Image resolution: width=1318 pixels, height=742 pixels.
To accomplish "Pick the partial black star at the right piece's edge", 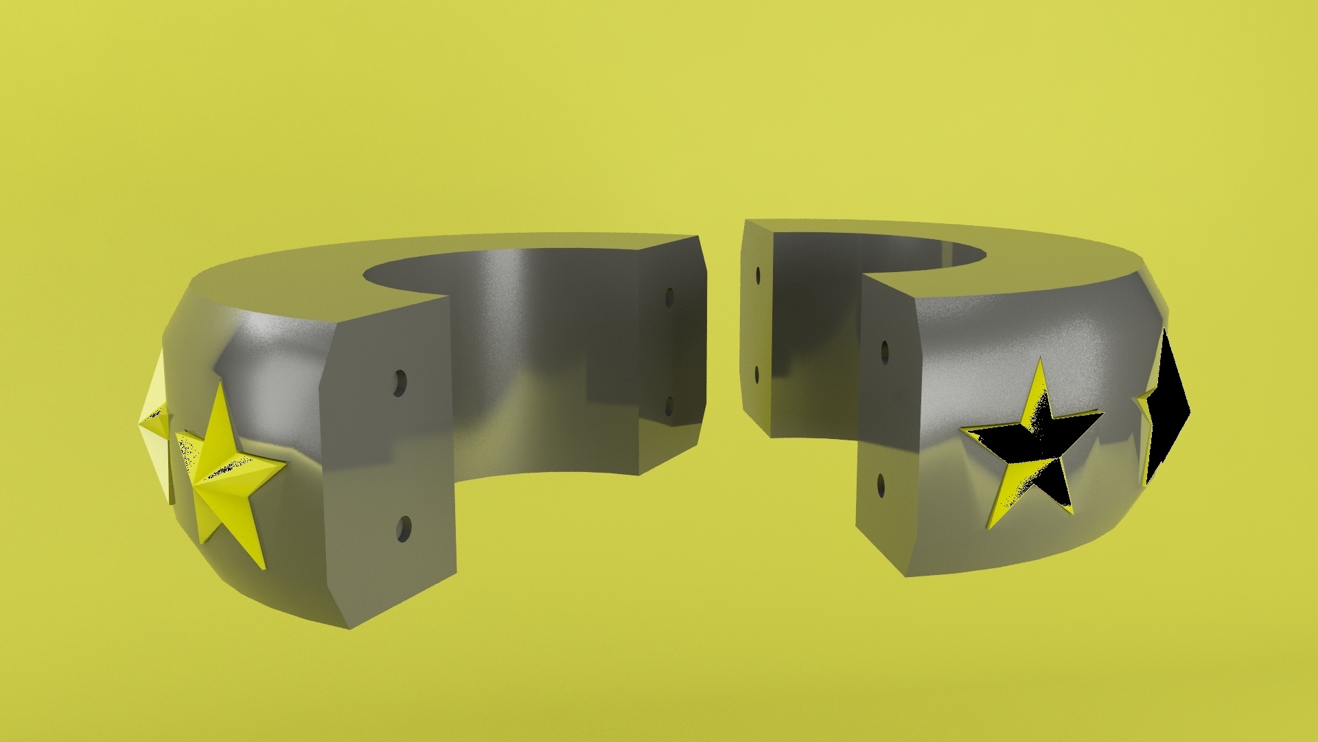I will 1167,405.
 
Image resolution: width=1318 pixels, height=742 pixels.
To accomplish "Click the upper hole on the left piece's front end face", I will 400,381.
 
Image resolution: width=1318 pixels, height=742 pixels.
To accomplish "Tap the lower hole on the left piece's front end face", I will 403,529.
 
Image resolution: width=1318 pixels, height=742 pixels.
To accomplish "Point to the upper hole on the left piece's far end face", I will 669,297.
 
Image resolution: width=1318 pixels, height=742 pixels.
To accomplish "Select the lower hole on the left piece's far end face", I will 669,407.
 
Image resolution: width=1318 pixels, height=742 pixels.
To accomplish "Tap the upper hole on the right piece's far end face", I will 758,276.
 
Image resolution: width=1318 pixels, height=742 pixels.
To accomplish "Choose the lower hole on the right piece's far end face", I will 756,374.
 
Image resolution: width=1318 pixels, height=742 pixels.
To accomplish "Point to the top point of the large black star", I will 1041,361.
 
